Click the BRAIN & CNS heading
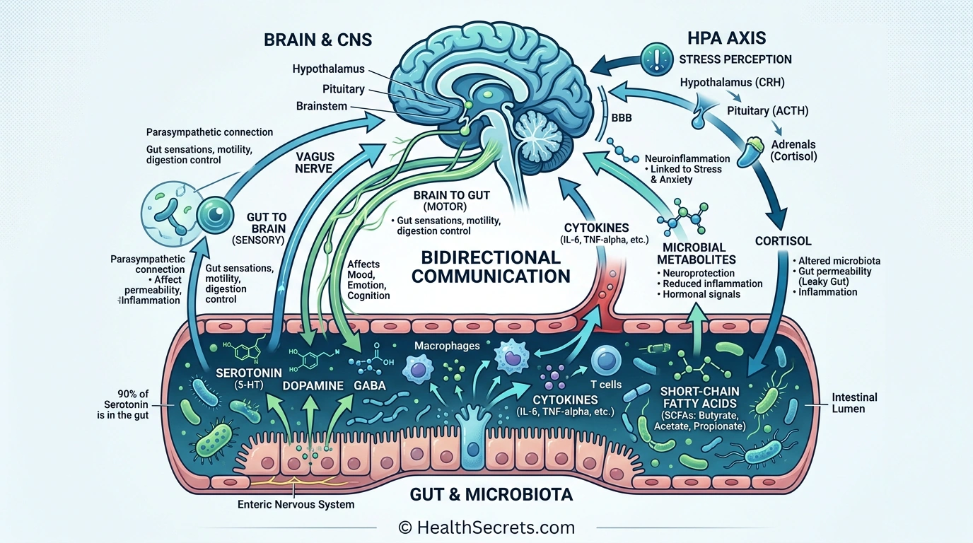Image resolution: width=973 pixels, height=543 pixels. click(x=317, y=39)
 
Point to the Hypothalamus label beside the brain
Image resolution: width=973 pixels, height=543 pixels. click(x=328, y=69)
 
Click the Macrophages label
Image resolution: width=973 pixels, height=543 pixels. click(x=438, y=346)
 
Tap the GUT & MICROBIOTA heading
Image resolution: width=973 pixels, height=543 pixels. click(x=491, y=494)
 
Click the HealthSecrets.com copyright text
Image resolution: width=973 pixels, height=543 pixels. click(x=486, y=527)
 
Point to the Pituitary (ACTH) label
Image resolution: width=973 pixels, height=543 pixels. click(x=767, y=111)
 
